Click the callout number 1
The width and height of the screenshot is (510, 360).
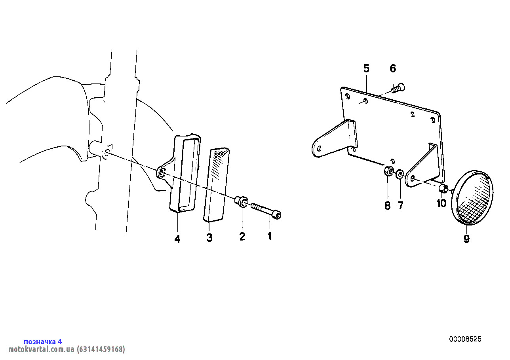[270, 236]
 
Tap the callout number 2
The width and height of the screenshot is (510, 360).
[242, 237]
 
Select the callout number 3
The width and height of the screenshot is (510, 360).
[209, 238]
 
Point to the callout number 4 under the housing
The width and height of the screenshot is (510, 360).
[177, 239]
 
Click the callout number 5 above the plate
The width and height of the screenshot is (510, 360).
[366, 68]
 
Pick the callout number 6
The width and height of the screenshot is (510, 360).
[393, 68]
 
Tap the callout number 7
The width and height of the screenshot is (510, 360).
[400, 206]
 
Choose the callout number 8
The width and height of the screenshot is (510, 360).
[388, 206]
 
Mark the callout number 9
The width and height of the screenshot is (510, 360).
[466, 239]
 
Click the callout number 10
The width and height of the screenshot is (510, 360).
[441, 203]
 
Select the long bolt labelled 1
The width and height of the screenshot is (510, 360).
[266, 210]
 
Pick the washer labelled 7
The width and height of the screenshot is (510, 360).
[400, 174]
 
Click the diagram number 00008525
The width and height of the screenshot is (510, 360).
[465, 339]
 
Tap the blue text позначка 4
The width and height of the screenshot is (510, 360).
[43, 342]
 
